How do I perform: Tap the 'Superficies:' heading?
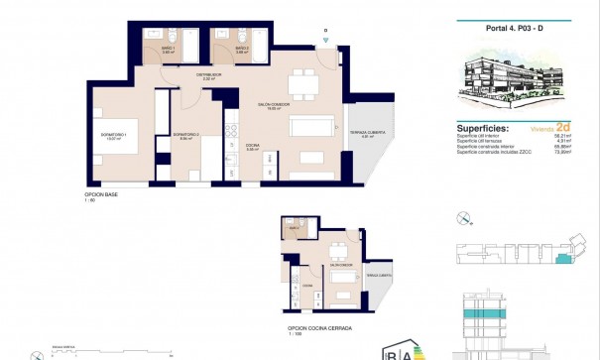coord(484,129)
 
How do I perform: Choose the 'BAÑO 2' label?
coord(240,50)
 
